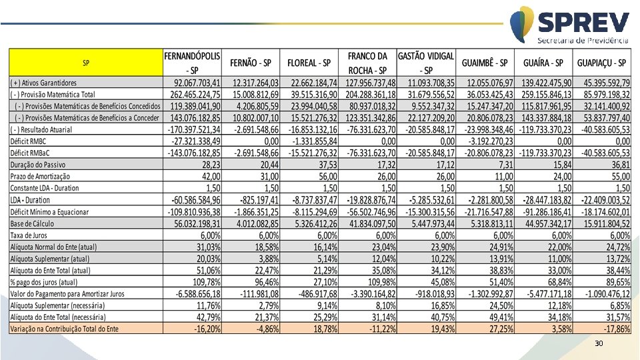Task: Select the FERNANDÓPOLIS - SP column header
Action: click(193, 63)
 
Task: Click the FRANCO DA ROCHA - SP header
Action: click(367, 63)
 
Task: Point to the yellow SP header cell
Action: click(86, 63)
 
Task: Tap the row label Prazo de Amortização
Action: click(40, 176)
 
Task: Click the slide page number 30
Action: click(598, 344)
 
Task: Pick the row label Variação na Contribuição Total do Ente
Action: click(64, 329)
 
